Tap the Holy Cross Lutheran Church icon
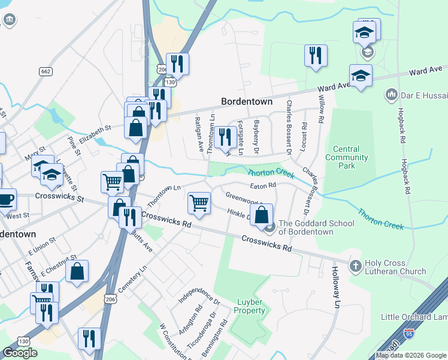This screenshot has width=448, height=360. coord(356,265)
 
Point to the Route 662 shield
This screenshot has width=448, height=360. coord(45,71)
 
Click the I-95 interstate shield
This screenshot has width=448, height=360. coord(408,334)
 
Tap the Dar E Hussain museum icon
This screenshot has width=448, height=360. coord(392,94)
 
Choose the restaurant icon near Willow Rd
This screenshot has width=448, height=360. coord(315,56)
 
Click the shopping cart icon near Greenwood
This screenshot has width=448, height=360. coord(199,202)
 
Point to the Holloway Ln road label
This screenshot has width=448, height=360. coord(335,289)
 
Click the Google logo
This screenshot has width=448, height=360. coord(20,353)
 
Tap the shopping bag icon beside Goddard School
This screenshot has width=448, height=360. coord(262,214)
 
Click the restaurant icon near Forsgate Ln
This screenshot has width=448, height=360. coord(225,137)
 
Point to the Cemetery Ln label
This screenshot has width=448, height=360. coord(132,281)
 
